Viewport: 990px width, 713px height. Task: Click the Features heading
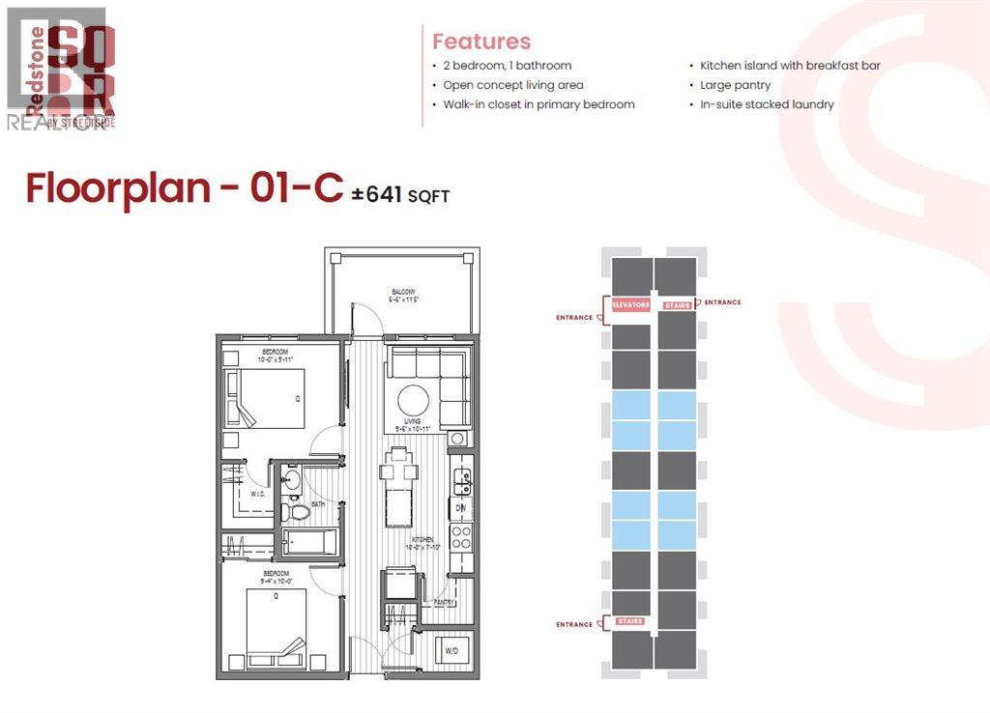click(x=481, y=42)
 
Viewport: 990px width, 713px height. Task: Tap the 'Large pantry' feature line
click(x=736, y=85)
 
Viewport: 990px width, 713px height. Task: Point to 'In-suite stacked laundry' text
click(x=767, y=104)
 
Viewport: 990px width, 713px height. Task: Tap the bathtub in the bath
click(x=309, y=544)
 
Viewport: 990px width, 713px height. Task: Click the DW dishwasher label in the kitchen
click(x=461, y=507)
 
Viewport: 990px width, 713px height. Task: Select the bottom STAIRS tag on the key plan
click(x=629, y=621)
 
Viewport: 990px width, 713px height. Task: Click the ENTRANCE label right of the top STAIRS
click(x=722, y=302)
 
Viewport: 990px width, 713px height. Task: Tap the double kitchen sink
click(x=463, y=477)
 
